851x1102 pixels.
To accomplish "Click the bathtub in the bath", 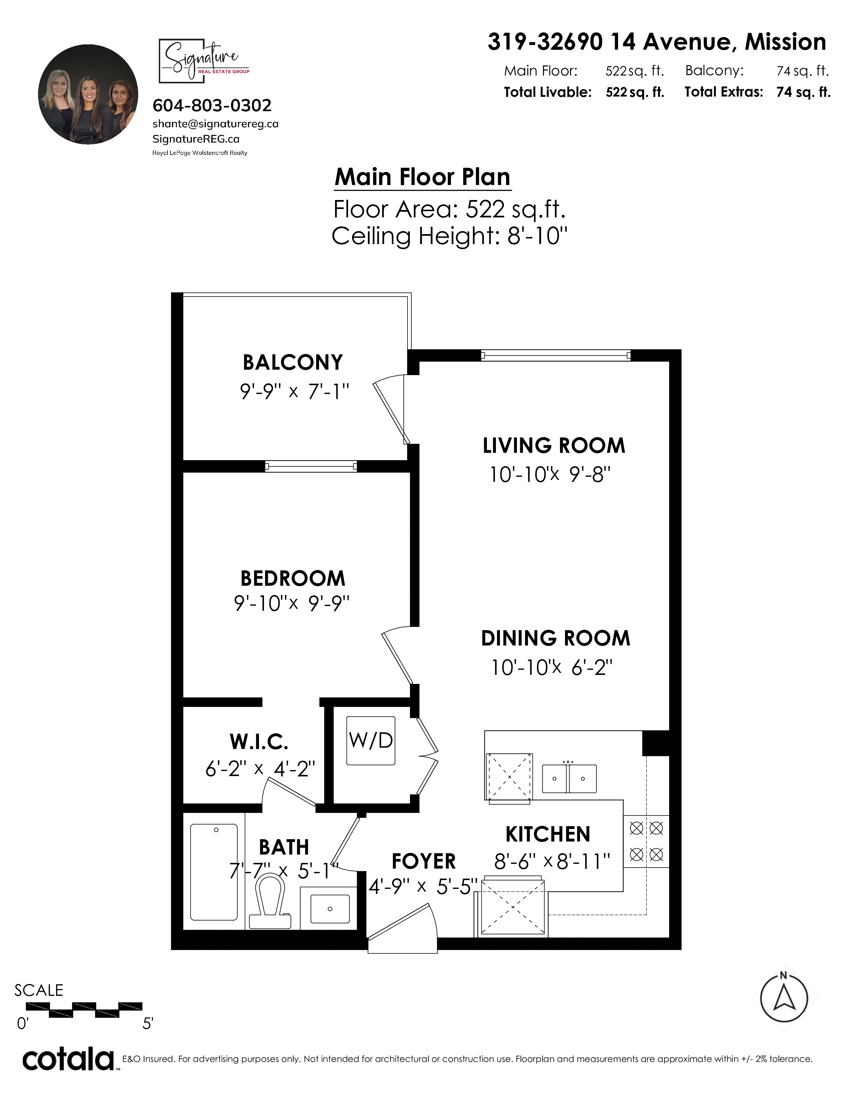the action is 214,872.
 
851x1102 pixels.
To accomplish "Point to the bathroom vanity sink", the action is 330,909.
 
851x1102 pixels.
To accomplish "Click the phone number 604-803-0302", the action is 212,106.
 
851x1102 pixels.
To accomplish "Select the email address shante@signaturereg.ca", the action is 215,124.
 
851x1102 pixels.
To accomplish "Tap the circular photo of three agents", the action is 88,95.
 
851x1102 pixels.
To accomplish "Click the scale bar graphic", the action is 84,1009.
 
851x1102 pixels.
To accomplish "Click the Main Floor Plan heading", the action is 422,177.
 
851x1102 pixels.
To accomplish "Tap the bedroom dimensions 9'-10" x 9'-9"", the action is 291,603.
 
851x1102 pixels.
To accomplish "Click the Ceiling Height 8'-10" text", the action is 449,236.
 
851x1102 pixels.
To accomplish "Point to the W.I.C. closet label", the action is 259,742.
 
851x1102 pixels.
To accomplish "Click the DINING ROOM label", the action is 556,638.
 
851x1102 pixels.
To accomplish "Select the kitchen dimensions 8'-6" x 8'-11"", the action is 552,862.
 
